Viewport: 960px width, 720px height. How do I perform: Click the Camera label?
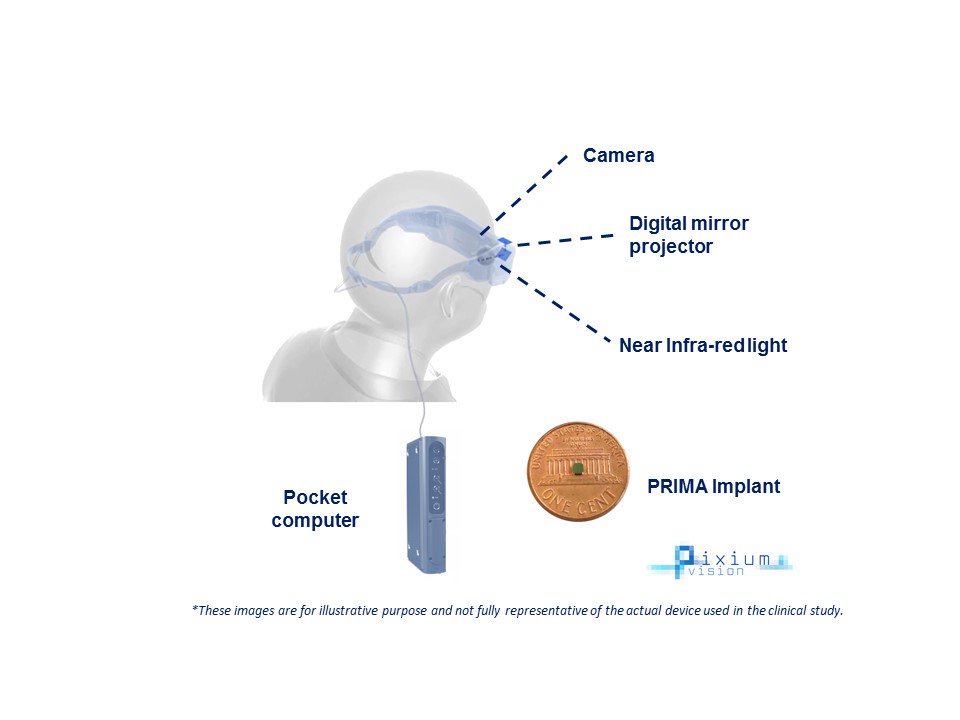tap(618, 156)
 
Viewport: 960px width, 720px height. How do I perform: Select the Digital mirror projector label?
tap(688, 235)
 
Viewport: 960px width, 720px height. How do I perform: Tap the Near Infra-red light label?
tap(703, 346)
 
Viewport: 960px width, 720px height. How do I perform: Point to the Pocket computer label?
tap(315, 508)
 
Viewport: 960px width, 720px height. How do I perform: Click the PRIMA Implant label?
tap(713, 487)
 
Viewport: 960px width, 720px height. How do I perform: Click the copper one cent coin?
tap(579, 470)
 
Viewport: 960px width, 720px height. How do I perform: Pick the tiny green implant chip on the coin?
tap(577, 467)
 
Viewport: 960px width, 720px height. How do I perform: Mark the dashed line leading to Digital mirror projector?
tap(565, 240)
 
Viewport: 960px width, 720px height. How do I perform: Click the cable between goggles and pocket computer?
tap(414, 360)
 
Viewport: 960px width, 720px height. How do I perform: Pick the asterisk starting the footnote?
tap(194, 608)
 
